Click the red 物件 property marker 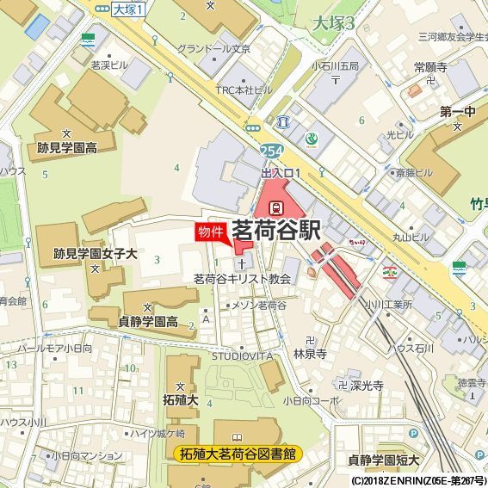point(211,232)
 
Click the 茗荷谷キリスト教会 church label point(243,279)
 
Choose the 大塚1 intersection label point(130,9)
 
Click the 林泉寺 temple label point(310,353)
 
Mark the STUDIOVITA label point(242,355)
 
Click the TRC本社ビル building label point(244,89)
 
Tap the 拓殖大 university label point(182,400)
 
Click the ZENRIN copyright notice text point(418,480)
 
